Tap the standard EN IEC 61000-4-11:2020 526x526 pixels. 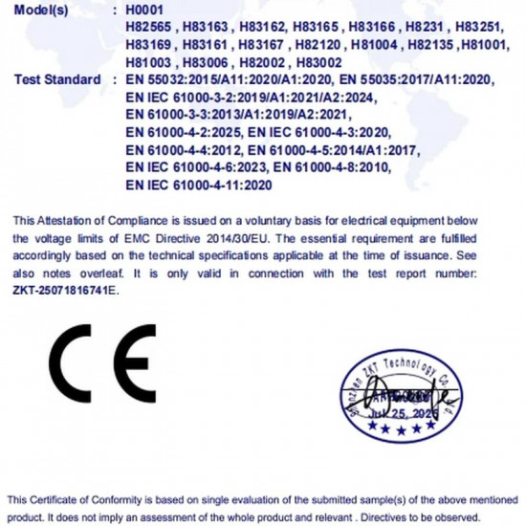(200, 185)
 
